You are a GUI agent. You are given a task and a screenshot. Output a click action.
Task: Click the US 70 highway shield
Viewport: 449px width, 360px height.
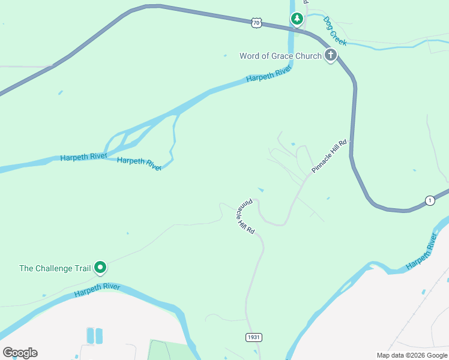(256, 23)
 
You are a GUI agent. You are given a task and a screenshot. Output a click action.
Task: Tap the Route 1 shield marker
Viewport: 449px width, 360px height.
(430, 200)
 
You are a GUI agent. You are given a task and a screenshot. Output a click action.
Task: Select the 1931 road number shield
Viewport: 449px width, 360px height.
(254, 338)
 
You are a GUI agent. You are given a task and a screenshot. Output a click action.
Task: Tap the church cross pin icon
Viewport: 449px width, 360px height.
(330, 56)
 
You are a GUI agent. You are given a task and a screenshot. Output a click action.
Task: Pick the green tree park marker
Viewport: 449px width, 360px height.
(297, 19)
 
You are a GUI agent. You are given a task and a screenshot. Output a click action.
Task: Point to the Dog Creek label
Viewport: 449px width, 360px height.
(335, 31)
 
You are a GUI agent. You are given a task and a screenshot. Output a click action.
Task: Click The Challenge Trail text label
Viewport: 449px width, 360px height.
(55, 268)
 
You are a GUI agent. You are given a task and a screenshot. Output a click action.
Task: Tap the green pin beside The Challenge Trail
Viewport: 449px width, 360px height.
(101, 268)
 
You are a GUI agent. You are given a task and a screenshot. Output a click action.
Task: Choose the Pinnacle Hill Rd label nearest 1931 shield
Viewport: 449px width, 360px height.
(245, 216)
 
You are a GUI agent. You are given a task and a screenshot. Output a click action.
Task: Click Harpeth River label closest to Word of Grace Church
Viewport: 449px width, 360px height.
(268, 74)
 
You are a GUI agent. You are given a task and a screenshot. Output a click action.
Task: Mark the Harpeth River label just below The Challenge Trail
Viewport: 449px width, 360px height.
(97, 290)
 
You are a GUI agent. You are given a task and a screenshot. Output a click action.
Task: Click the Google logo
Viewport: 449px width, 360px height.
(20, 353)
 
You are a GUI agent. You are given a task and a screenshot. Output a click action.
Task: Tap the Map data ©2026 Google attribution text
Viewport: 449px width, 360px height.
(412, 355)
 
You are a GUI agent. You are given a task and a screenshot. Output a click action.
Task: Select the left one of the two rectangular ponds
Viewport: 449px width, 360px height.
(91, 335)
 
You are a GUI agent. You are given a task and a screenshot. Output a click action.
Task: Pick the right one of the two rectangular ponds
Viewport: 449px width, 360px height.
(99, 335)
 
